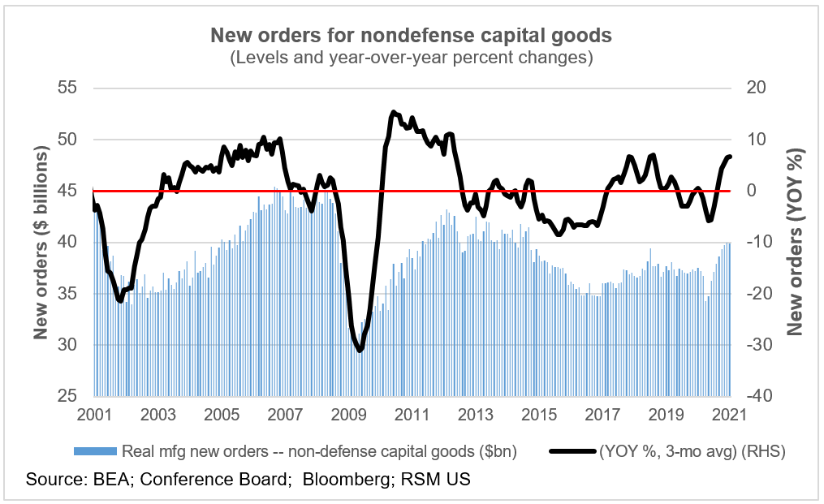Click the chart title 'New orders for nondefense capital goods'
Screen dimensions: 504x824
tap(411, 36)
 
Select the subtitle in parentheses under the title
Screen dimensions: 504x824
tap(411, 58)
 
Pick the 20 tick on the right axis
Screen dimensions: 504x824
tap(757, 88)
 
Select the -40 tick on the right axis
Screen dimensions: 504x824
tap(755, 396)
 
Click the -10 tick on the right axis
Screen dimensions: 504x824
tap(755, 242)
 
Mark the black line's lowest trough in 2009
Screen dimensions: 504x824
tap(359, 350)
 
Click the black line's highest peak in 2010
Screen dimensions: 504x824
tap(393, 112)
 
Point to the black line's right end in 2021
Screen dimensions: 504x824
tap(730, 157)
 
